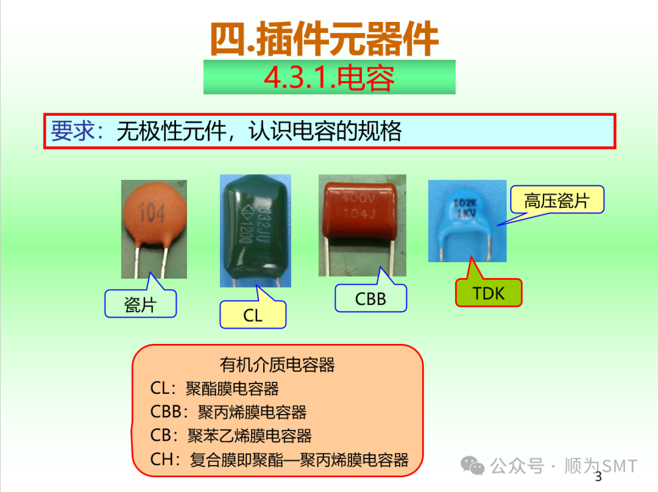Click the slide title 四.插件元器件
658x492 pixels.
[324, 39]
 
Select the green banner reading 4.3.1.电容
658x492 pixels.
[329, 77]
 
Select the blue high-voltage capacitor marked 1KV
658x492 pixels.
[467, 216]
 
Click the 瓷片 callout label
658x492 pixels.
[140, 304]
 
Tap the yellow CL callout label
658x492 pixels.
[252, 315]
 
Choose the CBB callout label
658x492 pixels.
[370, 299]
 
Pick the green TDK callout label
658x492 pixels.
[489, 293]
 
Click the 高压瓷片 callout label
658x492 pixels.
[556, 200]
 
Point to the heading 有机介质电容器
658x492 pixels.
[277, 365]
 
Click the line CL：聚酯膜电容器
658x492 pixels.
[214, 388]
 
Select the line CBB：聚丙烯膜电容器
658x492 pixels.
[228, 412]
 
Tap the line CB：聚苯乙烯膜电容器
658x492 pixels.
[231, 436]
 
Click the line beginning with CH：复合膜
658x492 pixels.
[279, 460]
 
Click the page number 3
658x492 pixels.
[598, 476]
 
